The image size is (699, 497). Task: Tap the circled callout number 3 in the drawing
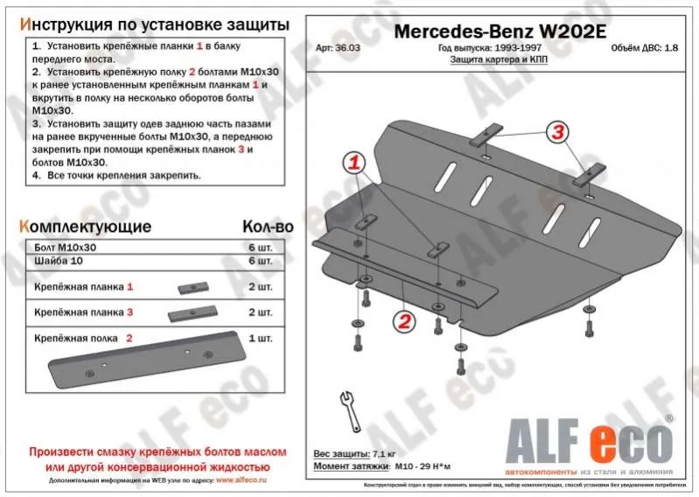[x=557, y=132]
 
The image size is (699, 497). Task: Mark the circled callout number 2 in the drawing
[x=403, y=321]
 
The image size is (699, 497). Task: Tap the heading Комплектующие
[x=85, y=227]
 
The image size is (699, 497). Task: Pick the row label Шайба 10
[x=54, y=262]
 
